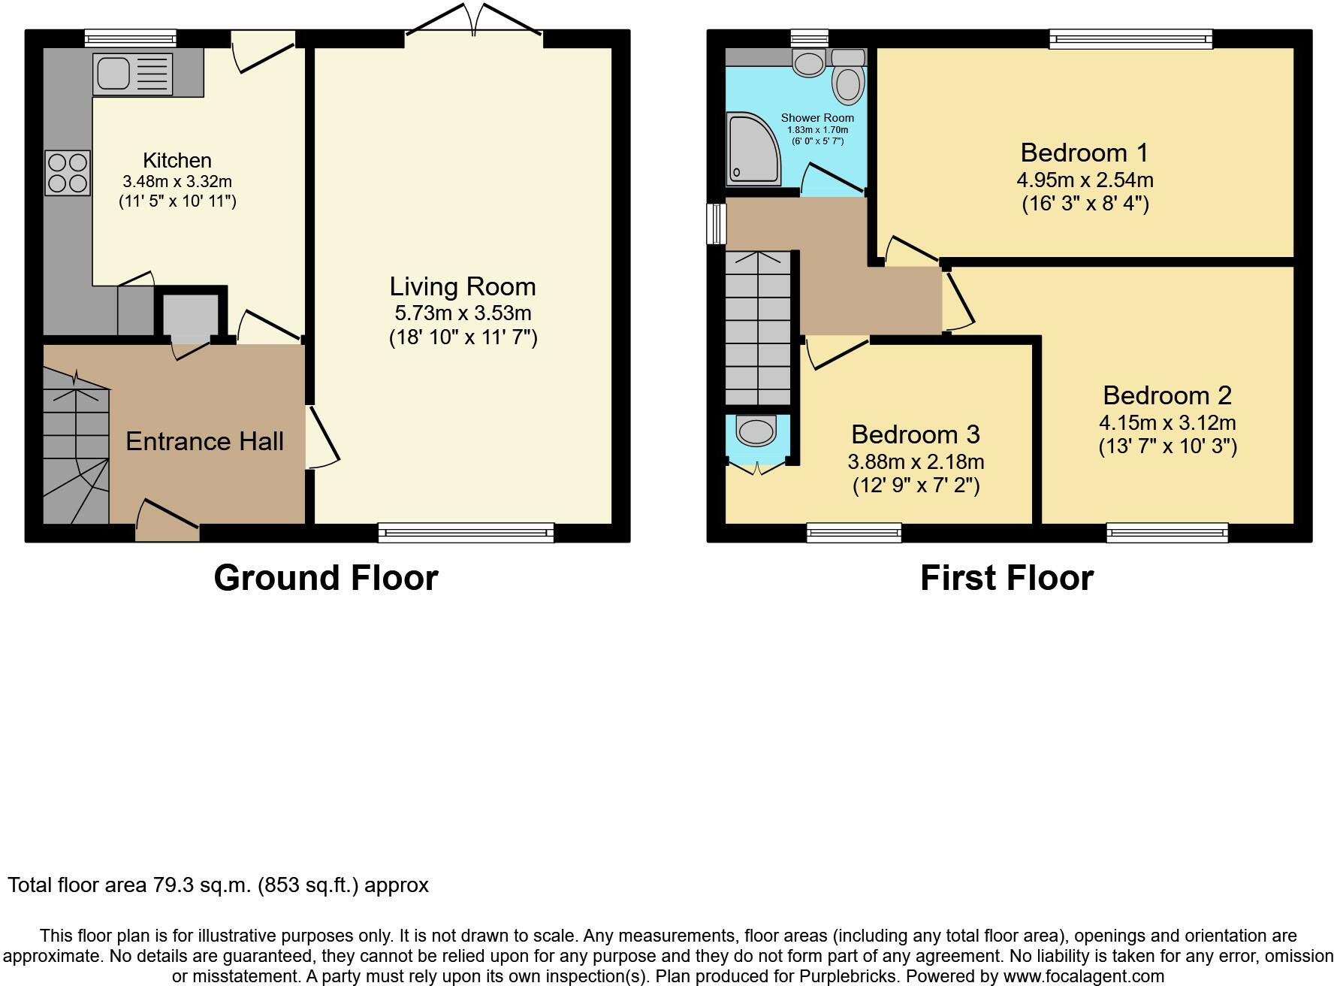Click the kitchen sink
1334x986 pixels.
133,74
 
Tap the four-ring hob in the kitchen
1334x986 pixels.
68,173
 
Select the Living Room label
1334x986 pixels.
463,286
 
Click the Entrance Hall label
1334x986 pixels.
204,441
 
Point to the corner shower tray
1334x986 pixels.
753,149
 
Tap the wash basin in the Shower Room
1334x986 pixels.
809,63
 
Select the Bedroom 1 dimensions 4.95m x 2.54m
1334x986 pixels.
1085,180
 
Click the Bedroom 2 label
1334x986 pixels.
1167,395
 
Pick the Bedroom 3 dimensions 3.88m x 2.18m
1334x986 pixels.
916,461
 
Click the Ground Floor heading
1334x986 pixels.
326,578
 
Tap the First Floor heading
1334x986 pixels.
1007,578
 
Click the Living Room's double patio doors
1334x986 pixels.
473,20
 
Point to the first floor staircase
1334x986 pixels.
758,328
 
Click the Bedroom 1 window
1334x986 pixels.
1130,39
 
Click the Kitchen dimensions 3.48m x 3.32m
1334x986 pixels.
177,181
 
